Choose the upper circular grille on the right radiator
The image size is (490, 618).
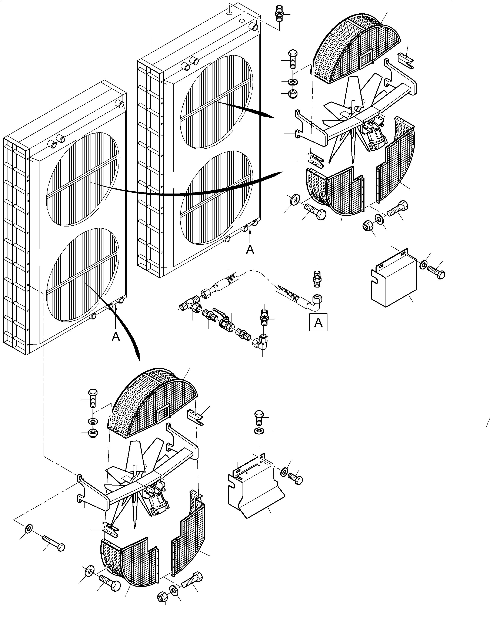tap(216, 102)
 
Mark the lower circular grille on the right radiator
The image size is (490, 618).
tap(216, 198)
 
